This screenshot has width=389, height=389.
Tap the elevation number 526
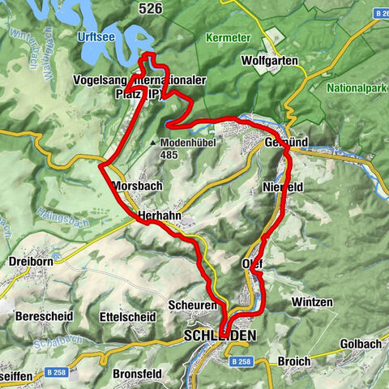[150, 9]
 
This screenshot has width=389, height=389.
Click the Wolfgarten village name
[270, 61]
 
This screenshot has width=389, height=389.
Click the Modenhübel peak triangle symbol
[152, 143]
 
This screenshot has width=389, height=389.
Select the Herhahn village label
[160, 216]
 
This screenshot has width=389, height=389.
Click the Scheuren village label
[193, 304]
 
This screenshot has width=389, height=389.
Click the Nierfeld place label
[283, 186]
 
